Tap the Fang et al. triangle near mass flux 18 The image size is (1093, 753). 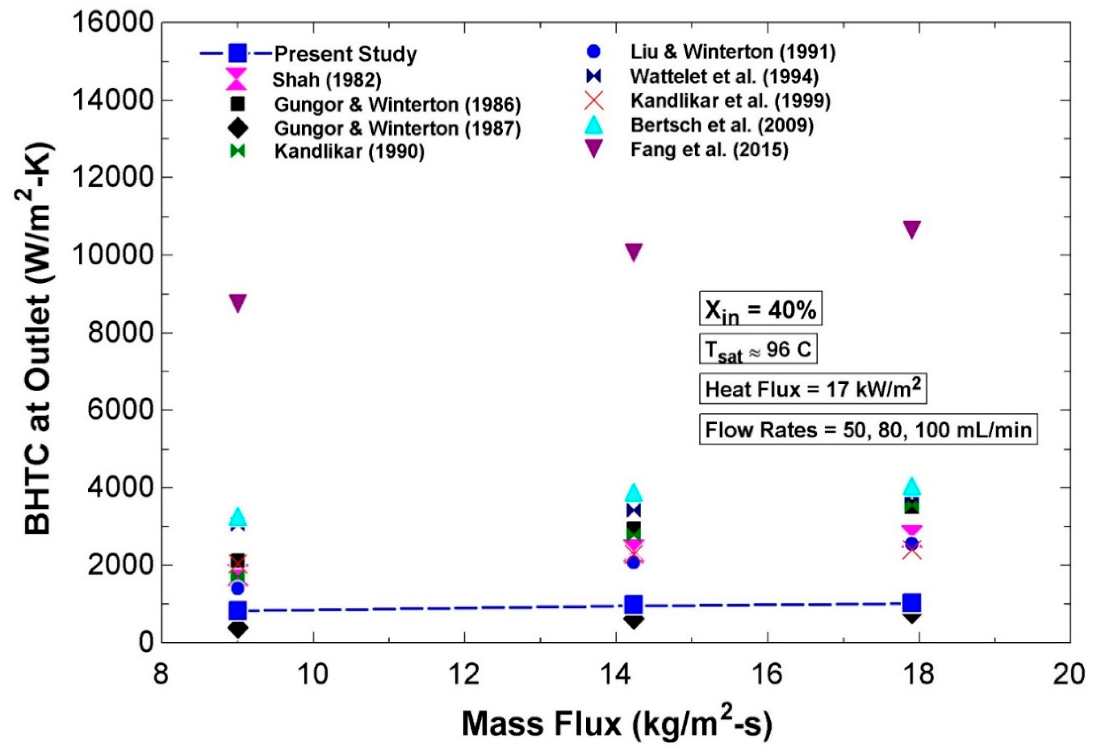pos(912,229)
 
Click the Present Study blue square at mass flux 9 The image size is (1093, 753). pos(238,611)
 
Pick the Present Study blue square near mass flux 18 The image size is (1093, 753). pos(912,603)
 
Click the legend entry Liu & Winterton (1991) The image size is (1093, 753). pos(732,52)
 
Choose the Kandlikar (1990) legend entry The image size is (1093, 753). pos(349,152)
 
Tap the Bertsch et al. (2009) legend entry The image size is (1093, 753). pos(722,125)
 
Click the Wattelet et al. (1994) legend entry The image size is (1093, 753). pos(724,76)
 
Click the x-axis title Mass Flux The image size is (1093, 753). pos(617,724)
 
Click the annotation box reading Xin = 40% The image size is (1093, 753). pos(760,309)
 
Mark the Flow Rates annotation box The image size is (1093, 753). pos(868,429)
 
